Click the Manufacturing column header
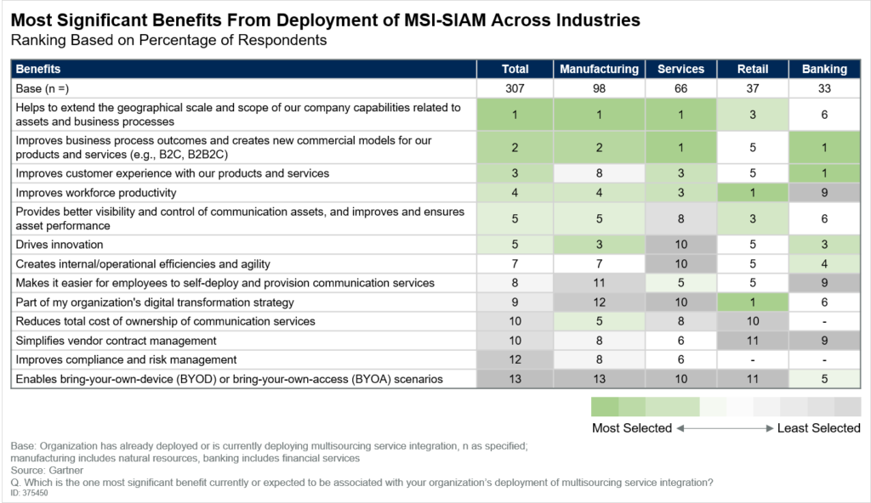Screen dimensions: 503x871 click(x=599, y=69)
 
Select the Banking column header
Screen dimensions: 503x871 click(x=823, y=69)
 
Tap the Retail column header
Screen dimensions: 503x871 click(x=752, y=69)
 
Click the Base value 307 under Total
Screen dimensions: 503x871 click(x=515, y=88)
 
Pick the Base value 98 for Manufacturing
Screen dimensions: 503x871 click(x=599, y=88)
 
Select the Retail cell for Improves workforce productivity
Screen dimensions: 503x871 click(x=752, y=193)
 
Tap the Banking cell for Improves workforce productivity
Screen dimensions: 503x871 click(x=823, y=193)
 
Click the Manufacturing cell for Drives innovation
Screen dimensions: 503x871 click(x=599, y=245)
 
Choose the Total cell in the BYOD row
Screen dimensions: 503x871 click(x=515, y=379)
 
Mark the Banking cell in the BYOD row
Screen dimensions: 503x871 click(x=823, y=379)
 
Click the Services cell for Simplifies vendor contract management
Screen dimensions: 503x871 click(x=680, y=341)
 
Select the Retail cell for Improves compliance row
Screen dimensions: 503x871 click(x=752, y=359)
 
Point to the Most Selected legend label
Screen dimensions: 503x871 click(x=632, y=428)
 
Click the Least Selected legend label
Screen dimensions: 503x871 click(x=818, y=428)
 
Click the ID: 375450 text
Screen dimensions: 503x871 click(x=30, y=493)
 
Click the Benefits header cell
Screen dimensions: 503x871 click(x=38, y=69)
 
